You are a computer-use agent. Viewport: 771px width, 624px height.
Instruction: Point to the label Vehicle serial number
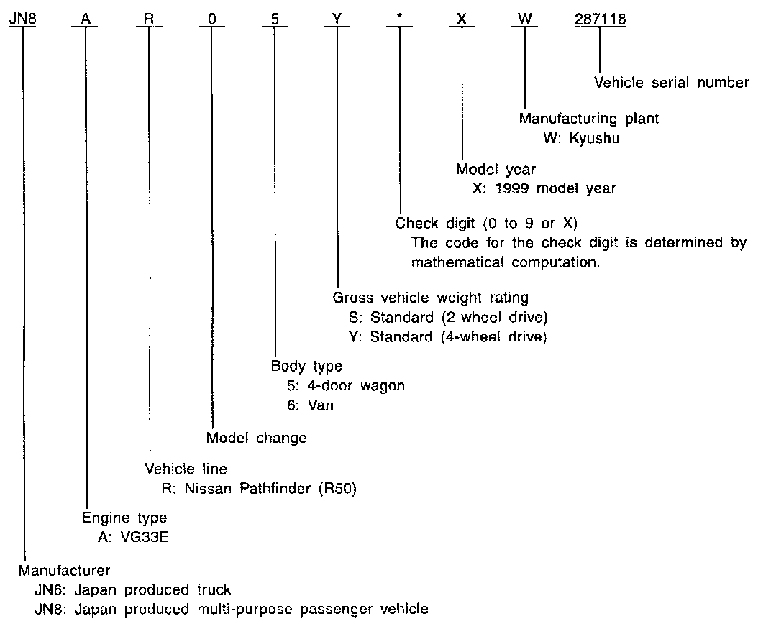[x=671, y=82]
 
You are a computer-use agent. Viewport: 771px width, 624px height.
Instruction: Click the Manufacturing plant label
[x=588, y=118]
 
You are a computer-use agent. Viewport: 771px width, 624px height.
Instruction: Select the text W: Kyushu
[x=581, y=138]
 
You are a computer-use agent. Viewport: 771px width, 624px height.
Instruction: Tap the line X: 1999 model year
[x=544, y=188]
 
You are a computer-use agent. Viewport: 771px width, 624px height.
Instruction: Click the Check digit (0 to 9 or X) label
[x=486, y=223]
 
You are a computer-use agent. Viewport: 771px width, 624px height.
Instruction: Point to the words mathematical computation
[x=505, y=262]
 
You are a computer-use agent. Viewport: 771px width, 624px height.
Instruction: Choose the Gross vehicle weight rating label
[x=431, y=298]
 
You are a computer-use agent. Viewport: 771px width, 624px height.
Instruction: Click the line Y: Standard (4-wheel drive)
[x=447, y=336]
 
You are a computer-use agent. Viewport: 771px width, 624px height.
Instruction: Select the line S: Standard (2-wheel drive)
[x=446, y=317]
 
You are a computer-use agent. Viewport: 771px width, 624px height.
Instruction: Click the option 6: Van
[x=310, y=405]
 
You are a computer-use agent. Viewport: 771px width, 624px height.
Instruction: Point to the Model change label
[x=256, y=438]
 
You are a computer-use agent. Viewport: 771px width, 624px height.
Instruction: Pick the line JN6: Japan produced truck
[x=133, y=589]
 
